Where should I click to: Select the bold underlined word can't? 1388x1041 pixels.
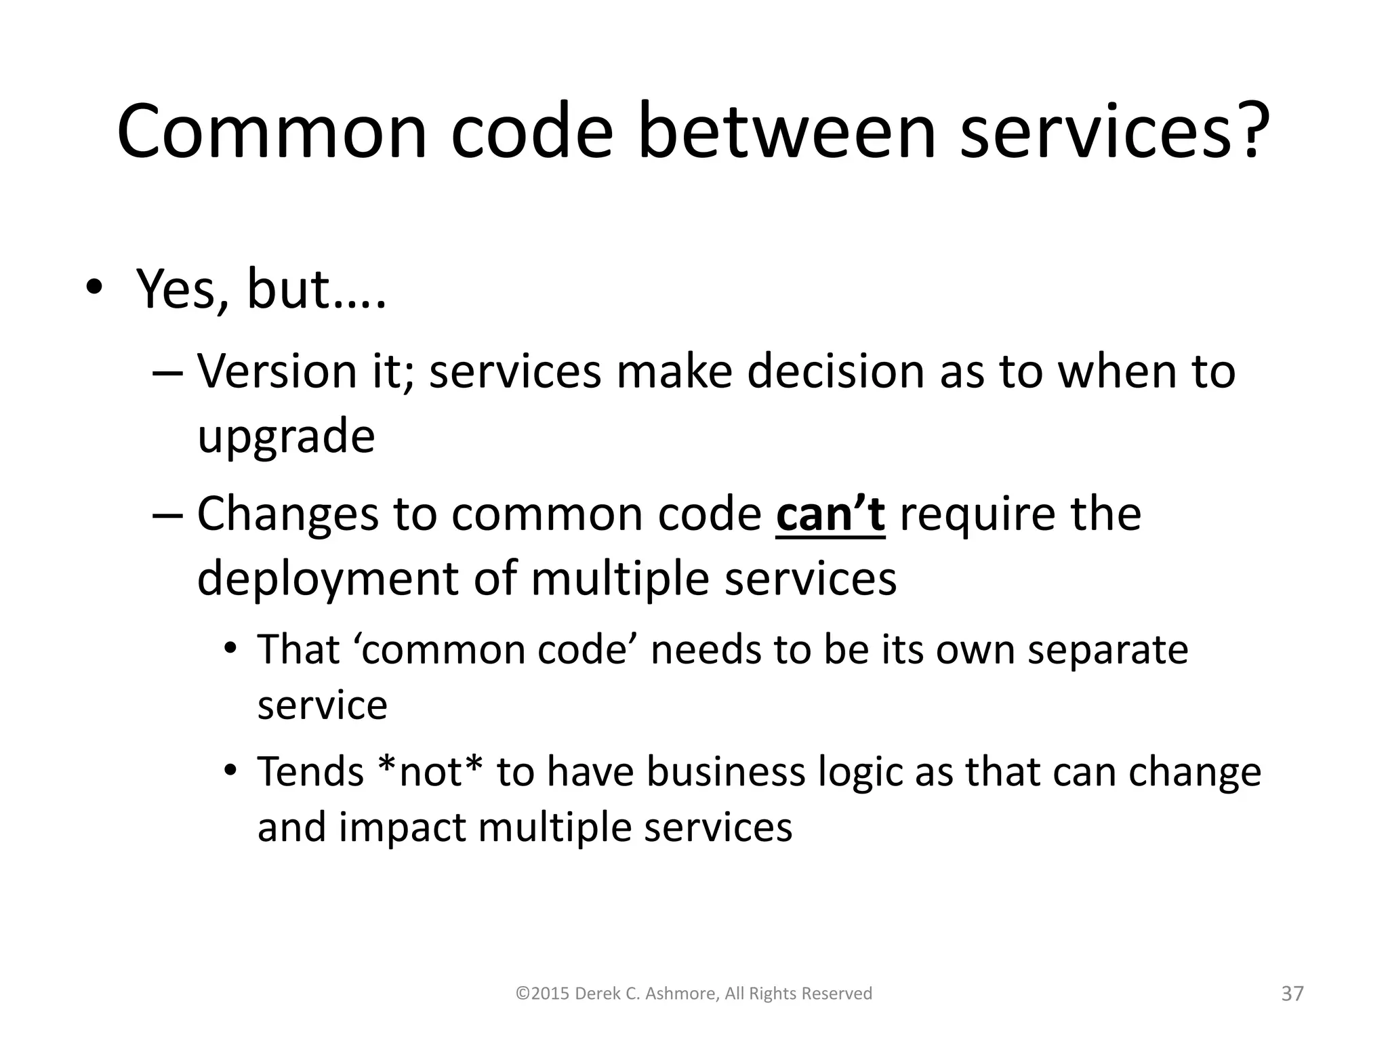(830, 514)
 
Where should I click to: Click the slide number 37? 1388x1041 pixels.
(1292, 994)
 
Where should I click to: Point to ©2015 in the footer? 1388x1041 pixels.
(542, 994)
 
